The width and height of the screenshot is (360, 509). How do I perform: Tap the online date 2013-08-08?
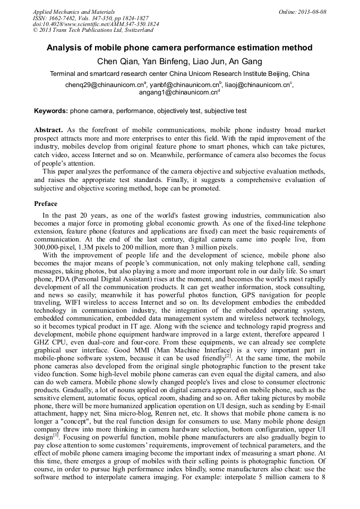[312, 12]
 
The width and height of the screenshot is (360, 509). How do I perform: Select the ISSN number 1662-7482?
[66, 18]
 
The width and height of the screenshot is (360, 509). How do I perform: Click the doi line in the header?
[96, 24]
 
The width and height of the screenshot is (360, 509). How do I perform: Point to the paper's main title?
[179, 48]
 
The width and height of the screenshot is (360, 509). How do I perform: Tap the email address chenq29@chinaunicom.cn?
[104, 85]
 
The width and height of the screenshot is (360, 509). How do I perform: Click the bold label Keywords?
[51, 111]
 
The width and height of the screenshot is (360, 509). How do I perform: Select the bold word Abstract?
[48, 130]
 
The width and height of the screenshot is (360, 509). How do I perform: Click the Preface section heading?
[46, 204]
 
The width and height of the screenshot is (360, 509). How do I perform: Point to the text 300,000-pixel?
[57, 247]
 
